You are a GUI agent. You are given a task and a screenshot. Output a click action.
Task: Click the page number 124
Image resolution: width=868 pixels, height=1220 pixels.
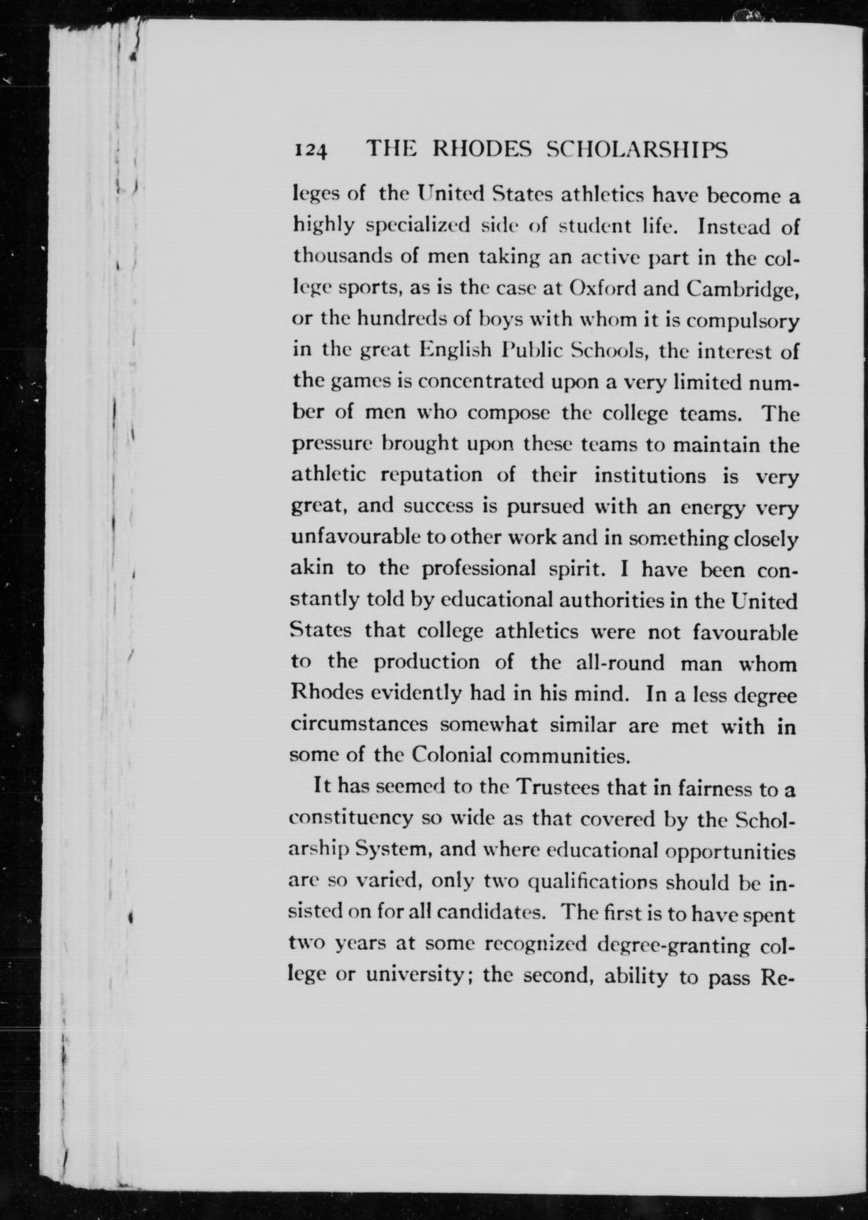click(x=310, y=151)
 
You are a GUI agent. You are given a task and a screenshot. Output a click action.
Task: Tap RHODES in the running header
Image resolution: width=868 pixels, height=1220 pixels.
click(x=481, y=150)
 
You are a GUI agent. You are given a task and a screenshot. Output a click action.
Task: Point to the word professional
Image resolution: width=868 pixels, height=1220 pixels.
click(x=479, y=569)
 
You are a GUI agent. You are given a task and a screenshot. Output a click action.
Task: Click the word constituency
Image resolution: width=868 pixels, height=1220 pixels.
click(x=351, y=819)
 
